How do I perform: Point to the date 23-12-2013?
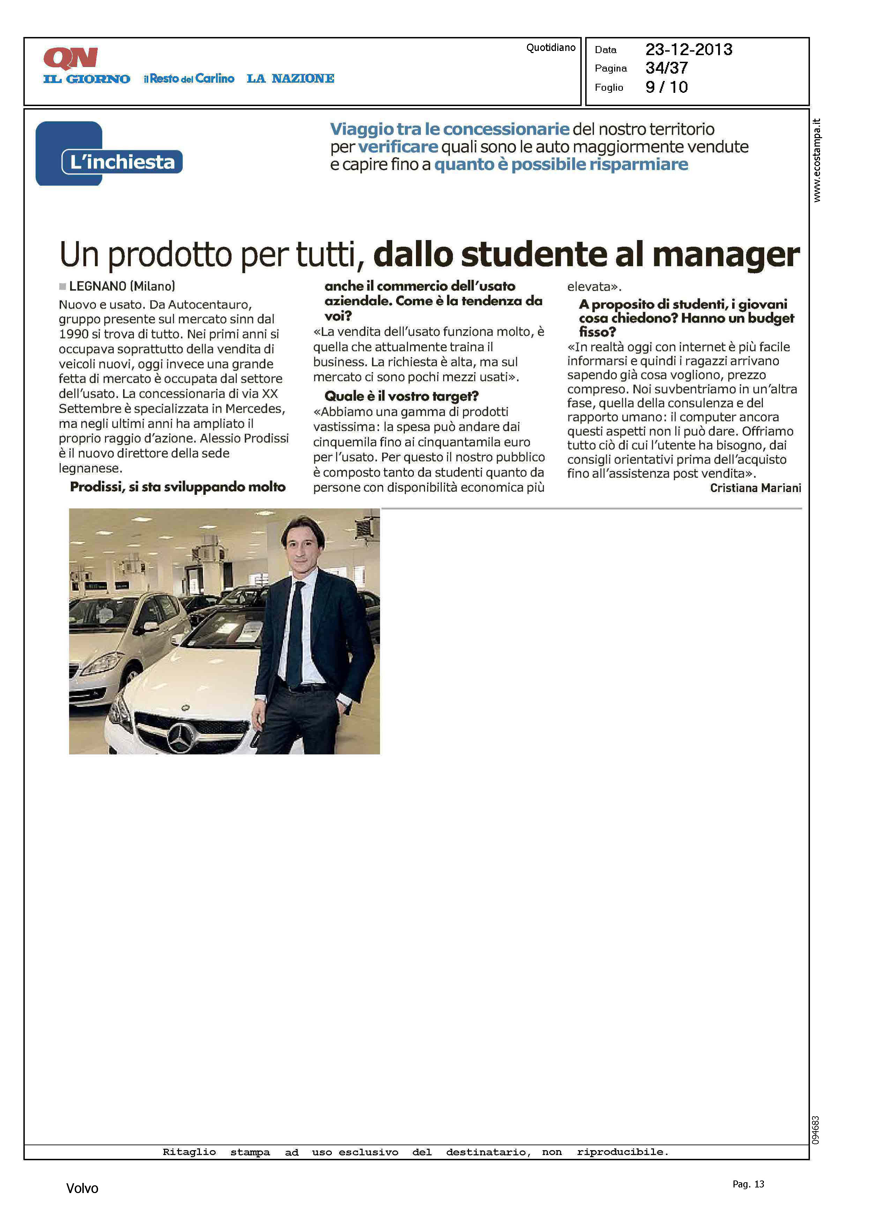688,50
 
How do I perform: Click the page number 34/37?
666,68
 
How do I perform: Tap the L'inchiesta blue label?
122,162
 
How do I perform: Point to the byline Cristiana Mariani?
755,488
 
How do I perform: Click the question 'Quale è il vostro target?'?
401,396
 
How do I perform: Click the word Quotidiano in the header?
550,48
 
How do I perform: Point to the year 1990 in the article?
74,334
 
